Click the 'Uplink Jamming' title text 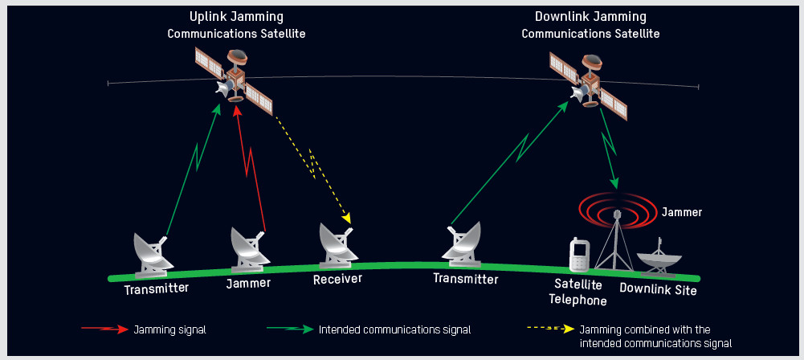236,17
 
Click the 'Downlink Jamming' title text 590,17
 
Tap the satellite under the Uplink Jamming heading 234,80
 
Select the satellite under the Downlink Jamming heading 589,84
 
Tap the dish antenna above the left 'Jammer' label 248,250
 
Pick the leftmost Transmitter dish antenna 153,252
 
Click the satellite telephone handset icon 578,255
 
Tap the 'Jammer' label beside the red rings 681,213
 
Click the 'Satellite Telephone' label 577,292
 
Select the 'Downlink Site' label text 658,289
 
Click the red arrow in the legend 104,329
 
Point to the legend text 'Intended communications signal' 394,329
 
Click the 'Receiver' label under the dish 337,279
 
